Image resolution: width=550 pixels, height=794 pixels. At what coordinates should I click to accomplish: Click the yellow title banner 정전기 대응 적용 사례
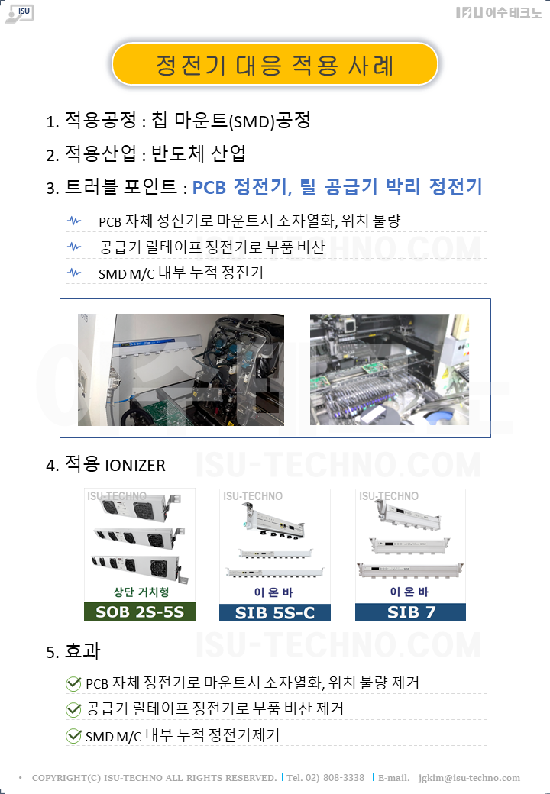point(274,64)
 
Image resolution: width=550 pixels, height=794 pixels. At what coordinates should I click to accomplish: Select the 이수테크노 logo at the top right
point(498,13)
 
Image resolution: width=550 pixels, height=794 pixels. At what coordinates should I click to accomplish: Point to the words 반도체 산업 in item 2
point(199,153)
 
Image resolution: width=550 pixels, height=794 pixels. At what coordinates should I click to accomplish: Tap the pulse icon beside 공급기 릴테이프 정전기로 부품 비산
point(74,247)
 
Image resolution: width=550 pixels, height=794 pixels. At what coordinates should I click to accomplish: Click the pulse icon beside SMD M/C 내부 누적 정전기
point(74,273)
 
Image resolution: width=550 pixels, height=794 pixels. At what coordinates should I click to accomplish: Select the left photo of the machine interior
point(181,370)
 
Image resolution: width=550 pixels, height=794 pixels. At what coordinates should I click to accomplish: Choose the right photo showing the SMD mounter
point(390,370)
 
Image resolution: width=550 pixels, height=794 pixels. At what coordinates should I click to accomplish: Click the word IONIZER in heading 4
point(135,466)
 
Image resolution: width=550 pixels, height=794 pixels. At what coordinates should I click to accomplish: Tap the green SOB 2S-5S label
point(140,612)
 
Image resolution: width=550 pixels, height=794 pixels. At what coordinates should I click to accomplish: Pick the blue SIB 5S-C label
point(275,612)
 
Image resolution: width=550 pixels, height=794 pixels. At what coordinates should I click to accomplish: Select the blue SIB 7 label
point(411,612)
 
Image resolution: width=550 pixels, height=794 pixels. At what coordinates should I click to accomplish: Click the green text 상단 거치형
point(141,592)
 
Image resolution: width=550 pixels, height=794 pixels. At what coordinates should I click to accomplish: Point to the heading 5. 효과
point(73,651)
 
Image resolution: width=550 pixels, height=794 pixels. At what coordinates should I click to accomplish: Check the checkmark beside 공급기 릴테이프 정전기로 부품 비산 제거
point(73,709)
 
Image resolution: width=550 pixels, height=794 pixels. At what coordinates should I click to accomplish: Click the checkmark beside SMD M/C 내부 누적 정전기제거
point(73,736)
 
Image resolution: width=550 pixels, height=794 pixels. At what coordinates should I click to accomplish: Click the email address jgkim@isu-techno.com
point(469,778)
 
